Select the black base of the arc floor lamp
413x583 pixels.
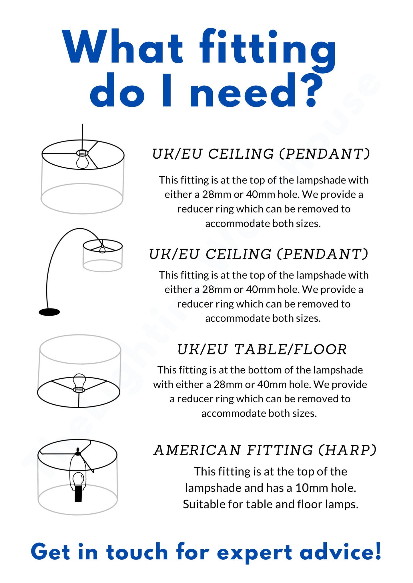(49, 312)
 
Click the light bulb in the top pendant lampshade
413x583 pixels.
(82, 160)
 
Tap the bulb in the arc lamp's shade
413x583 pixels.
(102, 249)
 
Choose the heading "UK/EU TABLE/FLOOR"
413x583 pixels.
(262, 350)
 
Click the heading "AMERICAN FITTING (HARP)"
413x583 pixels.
(265, 450)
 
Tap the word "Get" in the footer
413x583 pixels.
(50, 552)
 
